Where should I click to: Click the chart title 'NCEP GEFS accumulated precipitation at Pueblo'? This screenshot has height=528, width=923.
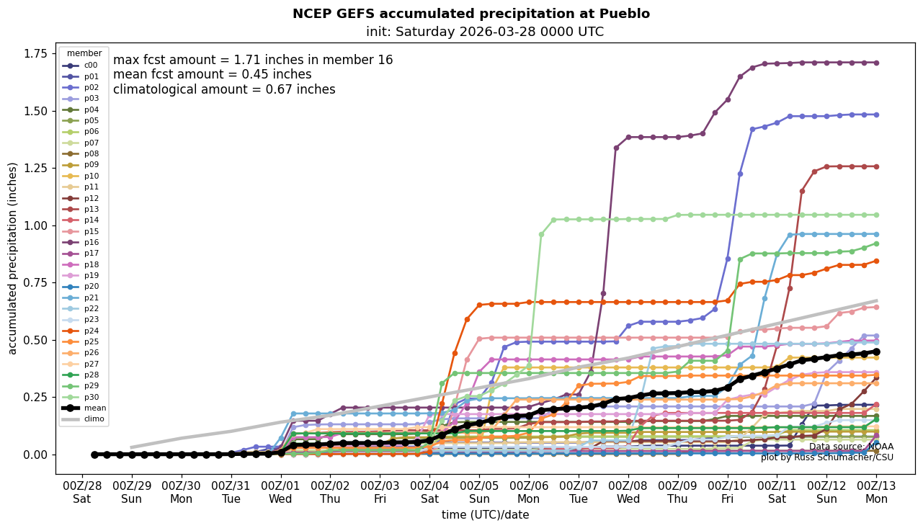click(471, 14)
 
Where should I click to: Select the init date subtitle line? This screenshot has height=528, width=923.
click(485, 32)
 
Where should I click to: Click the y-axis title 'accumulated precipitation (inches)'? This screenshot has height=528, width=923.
click(12, 258)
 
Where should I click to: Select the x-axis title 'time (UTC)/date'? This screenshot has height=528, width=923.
click(485, 515)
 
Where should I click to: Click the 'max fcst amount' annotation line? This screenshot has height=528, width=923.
click(253, 60)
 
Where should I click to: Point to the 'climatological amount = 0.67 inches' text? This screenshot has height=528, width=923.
click(224, 90)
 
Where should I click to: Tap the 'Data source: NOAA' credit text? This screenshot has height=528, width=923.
click(851, 447)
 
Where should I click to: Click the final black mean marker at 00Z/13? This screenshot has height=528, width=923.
click(876, 352)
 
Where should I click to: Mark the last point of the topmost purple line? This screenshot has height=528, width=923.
click(876, 63)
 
